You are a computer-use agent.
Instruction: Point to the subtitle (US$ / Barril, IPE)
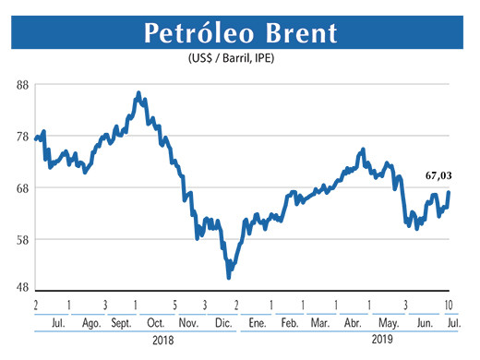tap(239, 59)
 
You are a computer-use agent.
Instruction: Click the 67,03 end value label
tap(440, 174)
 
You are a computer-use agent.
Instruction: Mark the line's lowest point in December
tap(228, 276)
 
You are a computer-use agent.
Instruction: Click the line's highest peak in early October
tap(138, 93)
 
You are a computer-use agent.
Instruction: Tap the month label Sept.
tap(121, 324)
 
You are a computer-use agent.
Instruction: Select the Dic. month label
tap(222, 324)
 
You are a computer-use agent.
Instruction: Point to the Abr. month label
tap(352, 324)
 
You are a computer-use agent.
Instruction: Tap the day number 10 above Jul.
tap(448, 305)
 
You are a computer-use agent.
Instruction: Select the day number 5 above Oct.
tap(174, 305)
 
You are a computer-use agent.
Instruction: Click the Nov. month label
tap(188, 324)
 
